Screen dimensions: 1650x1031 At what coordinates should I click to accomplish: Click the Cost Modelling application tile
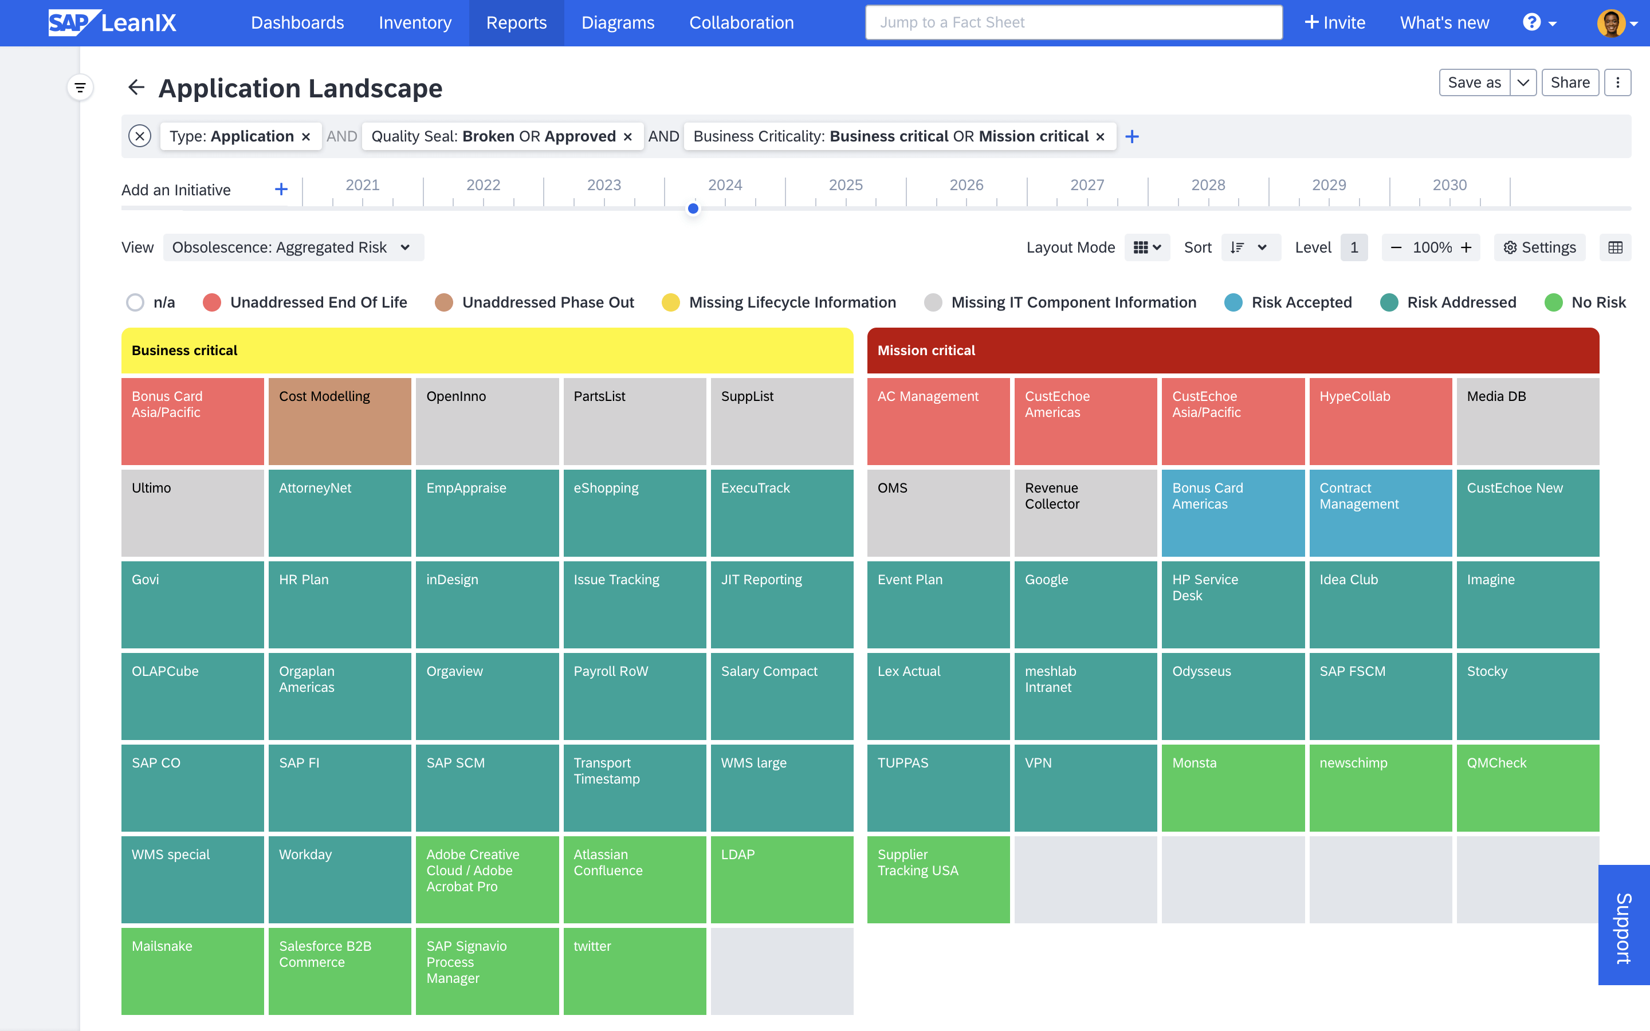pos(340,421)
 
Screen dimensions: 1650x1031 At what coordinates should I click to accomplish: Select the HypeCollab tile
pos(1380,421)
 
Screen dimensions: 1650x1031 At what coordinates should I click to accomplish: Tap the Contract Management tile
pos(1380,513)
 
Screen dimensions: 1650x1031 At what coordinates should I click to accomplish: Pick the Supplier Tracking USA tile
pos(938,879)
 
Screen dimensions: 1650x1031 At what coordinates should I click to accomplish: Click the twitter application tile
pos(634,971)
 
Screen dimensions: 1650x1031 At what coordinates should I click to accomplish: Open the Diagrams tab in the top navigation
pos(618,22)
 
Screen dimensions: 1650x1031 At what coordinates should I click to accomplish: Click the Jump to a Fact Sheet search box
pos(1074,22)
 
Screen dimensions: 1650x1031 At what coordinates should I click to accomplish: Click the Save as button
pos(1474,82)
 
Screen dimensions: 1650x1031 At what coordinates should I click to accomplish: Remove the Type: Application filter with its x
pos(306,137)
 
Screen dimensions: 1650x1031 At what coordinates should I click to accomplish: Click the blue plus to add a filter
pos(1132,136)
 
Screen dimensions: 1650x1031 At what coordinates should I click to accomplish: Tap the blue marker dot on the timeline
pos(693,208)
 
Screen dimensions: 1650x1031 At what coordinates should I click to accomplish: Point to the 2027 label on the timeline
pos(1087,185)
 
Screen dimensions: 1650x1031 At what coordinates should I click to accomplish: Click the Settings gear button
pos(1539,247)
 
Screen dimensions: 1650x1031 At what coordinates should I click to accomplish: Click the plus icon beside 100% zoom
pos(1466,247)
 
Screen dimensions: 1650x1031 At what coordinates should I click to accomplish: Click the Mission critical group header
pos(1233,351)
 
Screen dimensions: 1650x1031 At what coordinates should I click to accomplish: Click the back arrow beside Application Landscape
pos(136,87)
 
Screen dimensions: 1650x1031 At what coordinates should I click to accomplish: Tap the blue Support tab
pos(1624,924)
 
